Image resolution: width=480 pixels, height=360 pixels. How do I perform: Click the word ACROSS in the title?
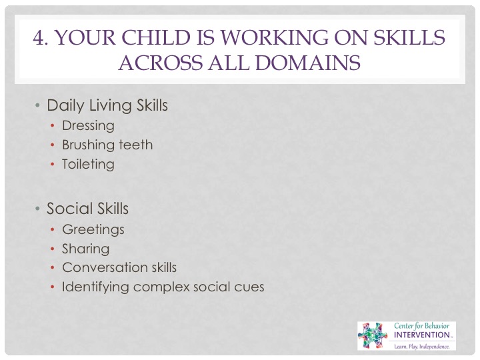[x=161, y=63]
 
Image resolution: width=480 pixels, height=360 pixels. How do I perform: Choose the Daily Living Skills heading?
[x=107, y=105]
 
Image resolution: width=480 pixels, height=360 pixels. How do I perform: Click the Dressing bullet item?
[x=88, y=126]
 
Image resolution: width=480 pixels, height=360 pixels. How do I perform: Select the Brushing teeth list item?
[x=107, y=145]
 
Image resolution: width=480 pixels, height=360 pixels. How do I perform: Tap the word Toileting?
[x=88, y=165]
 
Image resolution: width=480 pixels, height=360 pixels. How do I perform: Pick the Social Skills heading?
[x=87, y=209]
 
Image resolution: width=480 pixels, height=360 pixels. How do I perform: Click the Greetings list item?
[x=93, y=229]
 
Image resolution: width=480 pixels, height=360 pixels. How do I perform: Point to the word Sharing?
[x=86, y=249]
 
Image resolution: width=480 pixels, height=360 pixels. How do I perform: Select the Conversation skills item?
[x=119, y=267]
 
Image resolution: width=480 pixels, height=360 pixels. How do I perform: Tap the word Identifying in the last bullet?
[x=95, y=287]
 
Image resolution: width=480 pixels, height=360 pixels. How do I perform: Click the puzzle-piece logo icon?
[x=373, y=335]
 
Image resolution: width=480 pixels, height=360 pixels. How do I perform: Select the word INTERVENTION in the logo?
[x=422, y=335]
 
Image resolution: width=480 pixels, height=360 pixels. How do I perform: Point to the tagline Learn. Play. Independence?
[x=422, y=347]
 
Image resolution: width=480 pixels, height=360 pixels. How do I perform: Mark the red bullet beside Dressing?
[x=53, y=126]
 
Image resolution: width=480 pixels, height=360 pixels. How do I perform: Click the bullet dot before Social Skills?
[x=37, y=209]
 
